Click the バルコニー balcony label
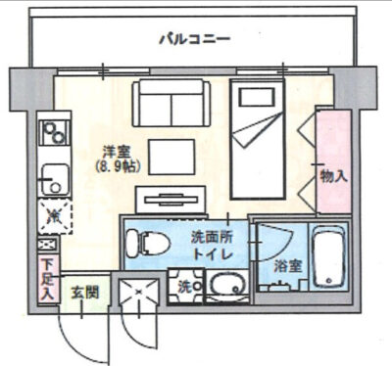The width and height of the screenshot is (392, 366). [195, 39]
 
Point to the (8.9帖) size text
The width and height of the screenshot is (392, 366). [118, 167]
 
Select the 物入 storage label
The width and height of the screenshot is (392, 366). [333, 176]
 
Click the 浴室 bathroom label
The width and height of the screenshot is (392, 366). [287, 266]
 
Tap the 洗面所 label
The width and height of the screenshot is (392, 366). [212, 238]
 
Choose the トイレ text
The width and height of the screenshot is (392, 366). [213, 253]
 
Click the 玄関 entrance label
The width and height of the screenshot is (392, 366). [85, 293]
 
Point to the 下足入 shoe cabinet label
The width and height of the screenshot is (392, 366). [48, 279]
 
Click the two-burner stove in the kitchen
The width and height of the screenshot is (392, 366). [54, 132]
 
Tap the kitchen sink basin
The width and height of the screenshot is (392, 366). [55, 180]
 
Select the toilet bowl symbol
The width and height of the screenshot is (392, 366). [148, 244]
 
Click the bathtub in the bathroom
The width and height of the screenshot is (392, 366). [328, 256]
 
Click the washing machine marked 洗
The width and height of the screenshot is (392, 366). [186, 286]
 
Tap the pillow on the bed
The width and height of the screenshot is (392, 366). [257, 97]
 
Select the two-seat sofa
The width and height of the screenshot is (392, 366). [171, 103]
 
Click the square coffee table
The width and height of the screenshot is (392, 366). [171, 157]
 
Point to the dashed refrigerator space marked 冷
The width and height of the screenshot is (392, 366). [55, 215]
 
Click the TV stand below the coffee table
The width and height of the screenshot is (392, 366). [171, 200]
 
